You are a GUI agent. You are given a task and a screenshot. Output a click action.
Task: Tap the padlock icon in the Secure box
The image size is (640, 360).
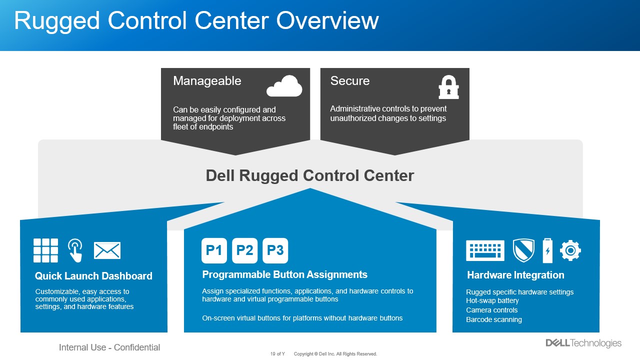(448, 87)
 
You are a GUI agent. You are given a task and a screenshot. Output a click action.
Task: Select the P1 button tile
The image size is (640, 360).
(214, 250)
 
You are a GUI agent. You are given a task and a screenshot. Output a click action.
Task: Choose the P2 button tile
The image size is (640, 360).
(244, 250)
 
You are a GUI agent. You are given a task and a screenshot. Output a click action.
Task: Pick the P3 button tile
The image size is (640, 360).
(275, 250)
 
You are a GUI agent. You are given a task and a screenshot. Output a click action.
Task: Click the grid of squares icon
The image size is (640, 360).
(45, 250)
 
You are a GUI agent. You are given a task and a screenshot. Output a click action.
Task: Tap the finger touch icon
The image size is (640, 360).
(75, 250)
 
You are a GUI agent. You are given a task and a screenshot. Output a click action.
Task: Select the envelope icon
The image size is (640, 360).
(107, 250)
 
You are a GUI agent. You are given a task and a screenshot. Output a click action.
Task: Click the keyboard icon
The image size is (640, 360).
(485, 250)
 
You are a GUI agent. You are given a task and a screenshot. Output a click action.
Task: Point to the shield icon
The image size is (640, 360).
(523, 250)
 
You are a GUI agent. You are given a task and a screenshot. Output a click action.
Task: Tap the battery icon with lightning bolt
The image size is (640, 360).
(547, 250)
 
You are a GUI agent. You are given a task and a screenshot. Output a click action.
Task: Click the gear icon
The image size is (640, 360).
(570, 250)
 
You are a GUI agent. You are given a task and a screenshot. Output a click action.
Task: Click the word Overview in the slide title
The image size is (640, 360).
(327, 20)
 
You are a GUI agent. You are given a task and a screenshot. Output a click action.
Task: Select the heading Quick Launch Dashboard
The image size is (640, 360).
(93, 276)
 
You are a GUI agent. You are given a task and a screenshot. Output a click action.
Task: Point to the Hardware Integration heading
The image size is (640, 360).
(515, 275)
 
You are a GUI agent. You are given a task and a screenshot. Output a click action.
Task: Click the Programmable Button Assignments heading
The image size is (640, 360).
(284, 274)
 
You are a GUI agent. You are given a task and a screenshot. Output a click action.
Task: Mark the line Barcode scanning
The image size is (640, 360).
(493, 319)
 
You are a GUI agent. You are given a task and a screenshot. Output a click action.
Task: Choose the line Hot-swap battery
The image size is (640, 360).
(492, 300)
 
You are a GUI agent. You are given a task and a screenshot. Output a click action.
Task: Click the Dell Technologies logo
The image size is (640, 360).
(583, 343)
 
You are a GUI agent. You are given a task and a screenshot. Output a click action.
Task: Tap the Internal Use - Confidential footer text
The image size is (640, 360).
(109, 347)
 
